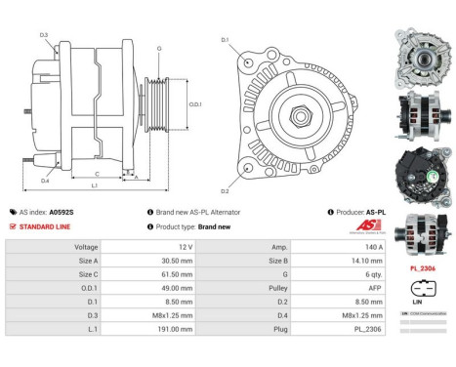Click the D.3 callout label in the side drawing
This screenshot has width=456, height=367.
coord(45,35)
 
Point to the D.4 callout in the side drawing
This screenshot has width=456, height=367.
coord(45,181)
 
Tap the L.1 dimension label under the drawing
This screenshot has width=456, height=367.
coord(94,184)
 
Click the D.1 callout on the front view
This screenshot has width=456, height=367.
coord(225,40)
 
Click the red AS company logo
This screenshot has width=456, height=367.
coord(366,226)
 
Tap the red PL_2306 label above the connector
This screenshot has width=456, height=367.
coord(423,268)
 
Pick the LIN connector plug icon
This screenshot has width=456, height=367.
coord(423,289)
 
